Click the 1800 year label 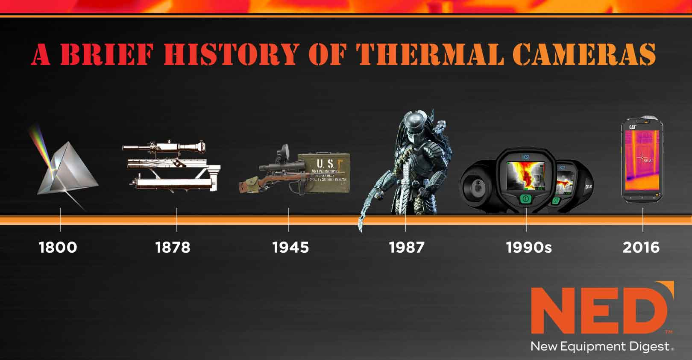[58, 248]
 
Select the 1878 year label [173, 248]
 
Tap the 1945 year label [290, 248]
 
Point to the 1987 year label [407, 248]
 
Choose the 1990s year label [529, 248]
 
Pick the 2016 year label [641, 248]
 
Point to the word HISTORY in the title [231, 54]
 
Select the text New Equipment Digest [600, 346]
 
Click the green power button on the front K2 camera [525, 199]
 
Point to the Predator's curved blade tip [361, 229]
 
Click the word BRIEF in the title [107, 54]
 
